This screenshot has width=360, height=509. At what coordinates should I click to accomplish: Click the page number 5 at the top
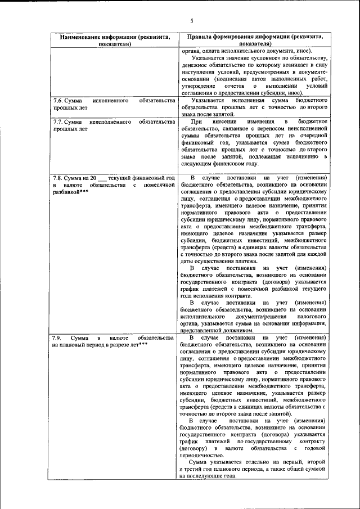tap(191, 21)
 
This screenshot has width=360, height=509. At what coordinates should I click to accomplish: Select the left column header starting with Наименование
tap(115, 39)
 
